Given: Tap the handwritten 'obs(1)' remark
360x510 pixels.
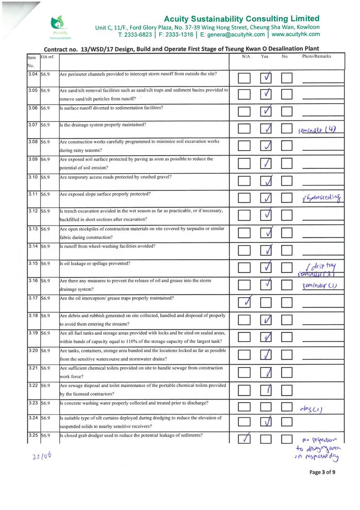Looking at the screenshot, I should [x=313, y=408].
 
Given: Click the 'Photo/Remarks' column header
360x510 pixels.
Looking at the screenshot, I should [x=316, y=57].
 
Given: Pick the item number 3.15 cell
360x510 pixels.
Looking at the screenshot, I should [x=32, y=263].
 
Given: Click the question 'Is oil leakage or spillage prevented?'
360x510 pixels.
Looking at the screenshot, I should [x=95, y=263].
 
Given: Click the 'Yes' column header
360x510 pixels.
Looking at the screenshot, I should [x=265, y=57].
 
